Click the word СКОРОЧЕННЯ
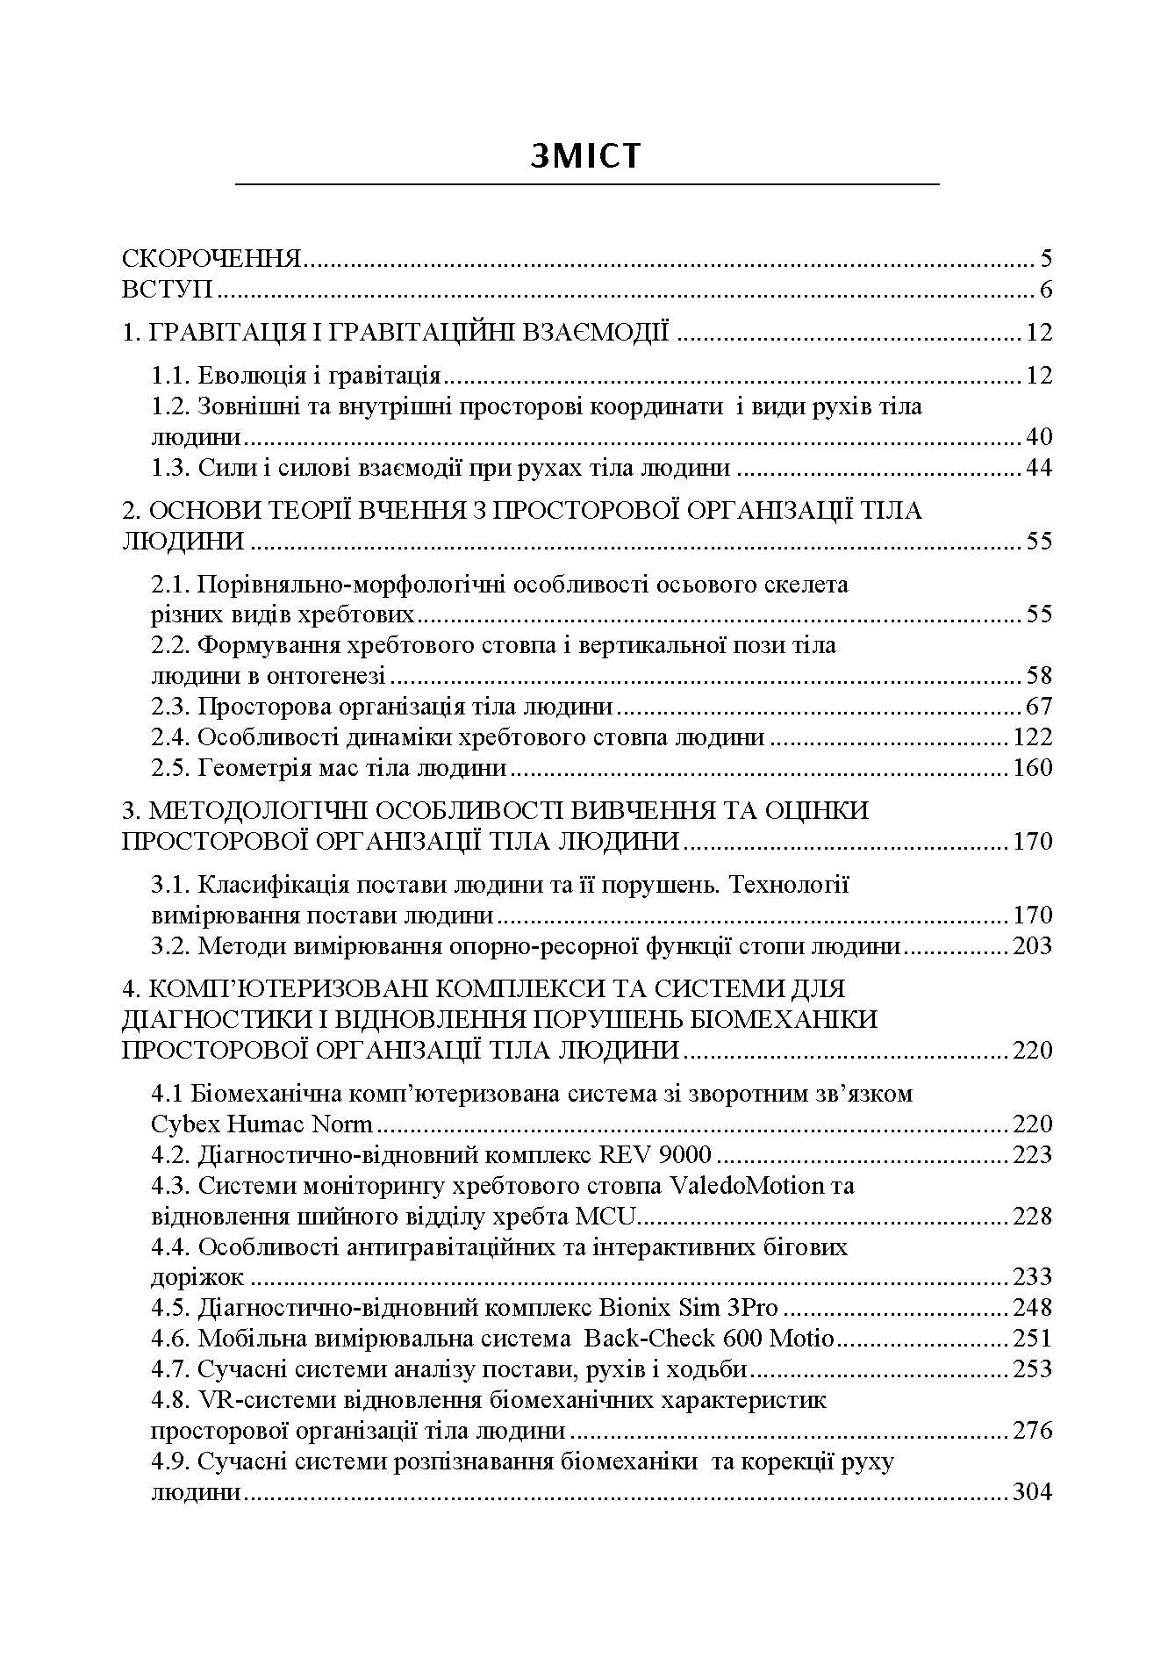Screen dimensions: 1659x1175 [x=211, y=259]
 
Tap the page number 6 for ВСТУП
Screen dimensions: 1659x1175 [x=1044, y=290]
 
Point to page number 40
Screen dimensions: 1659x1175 [x=1037, y=437]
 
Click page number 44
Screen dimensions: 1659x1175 [x=1037, y=468]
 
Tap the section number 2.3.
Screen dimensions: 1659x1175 [x=171, y=707]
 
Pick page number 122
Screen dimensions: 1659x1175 [x=1032, y=737]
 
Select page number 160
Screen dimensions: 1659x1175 [x=1032, y=768]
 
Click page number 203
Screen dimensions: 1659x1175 [x=1032, y=946]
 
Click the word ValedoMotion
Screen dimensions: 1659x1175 [x=748, y=1186]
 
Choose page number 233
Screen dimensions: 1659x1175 [x=1032, y=1277]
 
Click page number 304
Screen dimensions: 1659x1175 [x=1032, y=1492]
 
